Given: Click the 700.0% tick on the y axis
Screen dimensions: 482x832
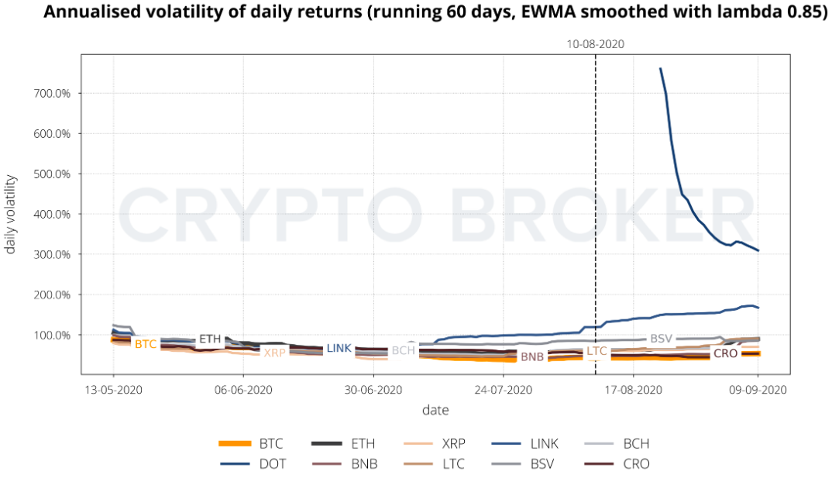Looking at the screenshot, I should (x=56, y=94).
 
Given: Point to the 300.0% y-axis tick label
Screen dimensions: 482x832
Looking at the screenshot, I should (x=56, y=255).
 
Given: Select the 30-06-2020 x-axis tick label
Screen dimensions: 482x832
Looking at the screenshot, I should (x=373, y=391).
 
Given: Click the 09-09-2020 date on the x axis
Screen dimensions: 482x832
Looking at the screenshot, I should (x=758, y=391).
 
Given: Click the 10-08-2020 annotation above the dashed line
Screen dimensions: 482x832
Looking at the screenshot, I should (x=595, y=44).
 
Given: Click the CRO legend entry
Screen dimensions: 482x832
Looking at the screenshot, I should (x=636, y=464).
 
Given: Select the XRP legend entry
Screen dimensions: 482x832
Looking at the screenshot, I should (x=453, y=444).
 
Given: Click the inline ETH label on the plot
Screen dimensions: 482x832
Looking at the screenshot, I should (x=210, y=339).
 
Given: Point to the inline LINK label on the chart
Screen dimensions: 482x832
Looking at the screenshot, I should (x=339, y=349).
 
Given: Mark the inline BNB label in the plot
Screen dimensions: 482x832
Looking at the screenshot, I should (x=531, y=357).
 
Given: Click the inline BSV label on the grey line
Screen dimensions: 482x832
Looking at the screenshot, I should (x=661, y=339).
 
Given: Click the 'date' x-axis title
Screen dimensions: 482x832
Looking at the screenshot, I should (x=435, y=410).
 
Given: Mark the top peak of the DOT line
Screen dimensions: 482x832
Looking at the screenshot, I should (x=660, y=68).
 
